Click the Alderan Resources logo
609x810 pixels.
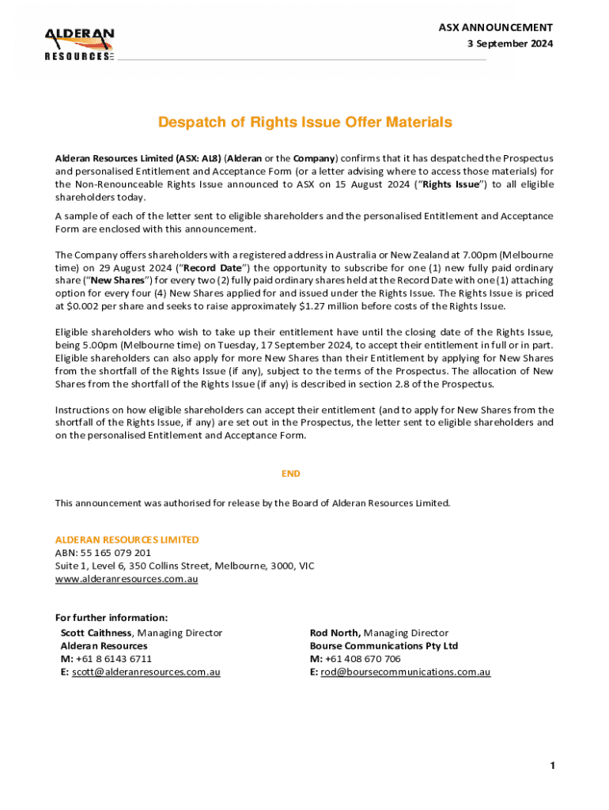click(79, 44)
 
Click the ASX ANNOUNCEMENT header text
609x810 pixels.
click(495, 27)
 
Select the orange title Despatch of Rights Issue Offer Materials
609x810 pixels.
click(304, 123)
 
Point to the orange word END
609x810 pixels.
click(291, 474)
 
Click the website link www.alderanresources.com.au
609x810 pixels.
click(126, 579)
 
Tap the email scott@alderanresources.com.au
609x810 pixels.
click(146, 672)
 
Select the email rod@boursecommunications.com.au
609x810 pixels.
click(405, 672)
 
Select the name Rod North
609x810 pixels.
click(335, 633)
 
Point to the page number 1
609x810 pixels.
click(552, 766)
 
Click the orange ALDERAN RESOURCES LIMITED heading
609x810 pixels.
click(127, 539)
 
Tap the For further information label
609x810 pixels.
click(111, 618)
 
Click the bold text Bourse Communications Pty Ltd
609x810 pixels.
click(384, 645)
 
